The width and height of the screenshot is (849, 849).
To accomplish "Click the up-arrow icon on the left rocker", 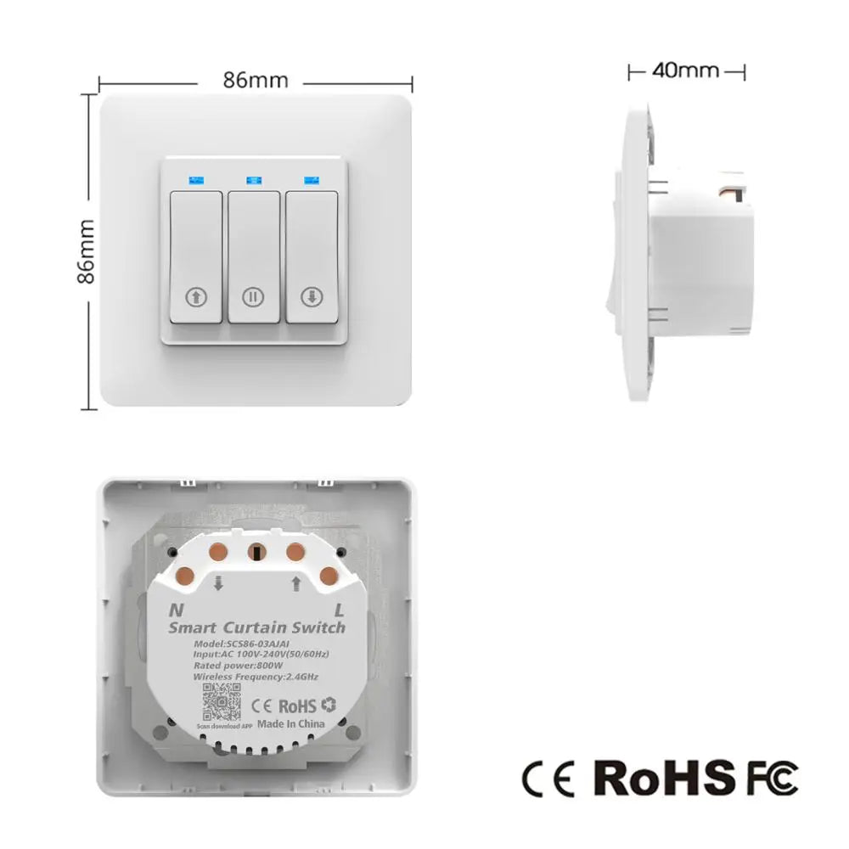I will click(x=196, y=297).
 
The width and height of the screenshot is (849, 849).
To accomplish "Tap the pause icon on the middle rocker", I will click(x=252, y=297).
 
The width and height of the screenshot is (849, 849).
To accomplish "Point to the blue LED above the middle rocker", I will click(x=252, y=180).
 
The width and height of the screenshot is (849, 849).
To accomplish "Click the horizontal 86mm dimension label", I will click(x=256, y=81).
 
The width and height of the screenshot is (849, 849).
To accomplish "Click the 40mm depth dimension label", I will click(x=685, y=70).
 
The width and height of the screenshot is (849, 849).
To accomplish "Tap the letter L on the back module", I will click(x=338, y=609).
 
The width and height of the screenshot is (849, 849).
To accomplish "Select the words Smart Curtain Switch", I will click(x=257, y=628).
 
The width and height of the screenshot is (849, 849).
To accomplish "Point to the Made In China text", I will click(x=290, y=724).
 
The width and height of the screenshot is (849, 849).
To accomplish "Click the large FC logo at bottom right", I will click(x=772, y=777).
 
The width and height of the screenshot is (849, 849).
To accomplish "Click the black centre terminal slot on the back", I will click(x=254, y=552).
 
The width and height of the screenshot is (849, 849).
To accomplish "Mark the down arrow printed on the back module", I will click(x=218, y=582).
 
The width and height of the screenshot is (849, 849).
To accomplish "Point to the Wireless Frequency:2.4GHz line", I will click(x=256, y=677).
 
